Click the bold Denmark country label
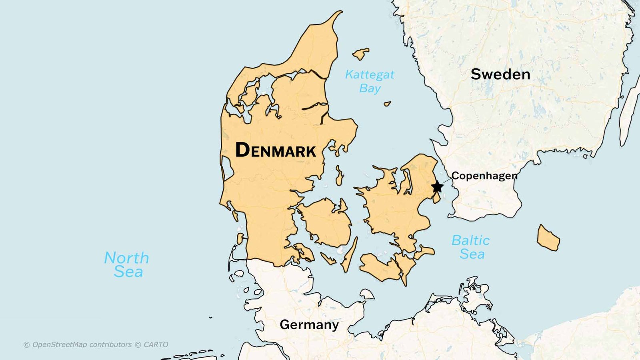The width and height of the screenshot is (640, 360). (276, 150)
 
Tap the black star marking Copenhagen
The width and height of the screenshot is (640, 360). (437, 186)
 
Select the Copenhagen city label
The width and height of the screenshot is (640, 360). (484, 176)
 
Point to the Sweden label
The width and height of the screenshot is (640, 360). (500, 74)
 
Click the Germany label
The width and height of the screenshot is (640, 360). (309, 324)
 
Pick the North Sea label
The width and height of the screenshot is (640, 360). (127, 264)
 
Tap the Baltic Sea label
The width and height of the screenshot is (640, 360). (471, 247)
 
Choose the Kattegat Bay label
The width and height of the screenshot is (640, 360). (370, 81)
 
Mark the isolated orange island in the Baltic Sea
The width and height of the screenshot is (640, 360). (548, 238)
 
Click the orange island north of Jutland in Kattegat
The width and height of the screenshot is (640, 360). (361, 54)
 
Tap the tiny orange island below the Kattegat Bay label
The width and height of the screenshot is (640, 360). (387, 104)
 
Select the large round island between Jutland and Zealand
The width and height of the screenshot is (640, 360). (326, 222)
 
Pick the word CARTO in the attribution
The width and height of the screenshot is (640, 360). (156, 344)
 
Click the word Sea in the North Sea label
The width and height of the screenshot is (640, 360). (128, 272)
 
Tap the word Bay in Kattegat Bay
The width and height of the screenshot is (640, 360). (370, 88)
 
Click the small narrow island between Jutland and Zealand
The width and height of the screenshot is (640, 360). (340, 176)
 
